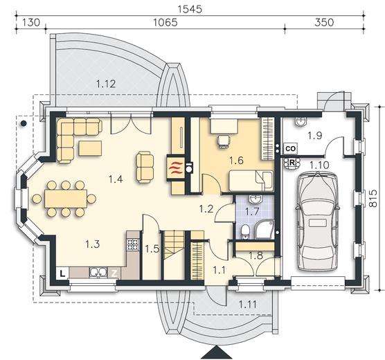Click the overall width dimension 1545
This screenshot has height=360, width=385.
[190, 9]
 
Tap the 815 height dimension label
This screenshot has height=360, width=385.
[373, 199]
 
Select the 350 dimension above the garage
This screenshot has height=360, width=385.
[324, 22]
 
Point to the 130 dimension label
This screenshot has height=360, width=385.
[31, 22]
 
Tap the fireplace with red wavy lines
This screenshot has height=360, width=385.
[176, 169]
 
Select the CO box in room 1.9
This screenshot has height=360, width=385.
[291, 149]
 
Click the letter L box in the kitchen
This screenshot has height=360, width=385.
[62, 273]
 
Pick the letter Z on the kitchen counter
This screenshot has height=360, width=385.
[114, 273]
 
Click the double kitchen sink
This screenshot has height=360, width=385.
[98, 272]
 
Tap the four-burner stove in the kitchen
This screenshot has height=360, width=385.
[133, 244]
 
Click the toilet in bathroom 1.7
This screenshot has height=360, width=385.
[245, 231]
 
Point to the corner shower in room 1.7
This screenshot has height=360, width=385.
[264, 230]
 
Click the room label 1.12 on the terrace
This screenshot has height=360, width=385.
[106, 84]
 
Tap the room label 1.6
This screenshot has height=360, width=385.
[236, 161]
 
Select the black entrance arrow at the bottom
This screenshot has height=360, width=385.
[217, 352]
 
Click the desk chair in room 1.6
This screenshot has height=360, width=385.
[224, 142]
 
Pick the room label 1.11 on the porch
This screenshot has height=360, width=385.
[248, 305]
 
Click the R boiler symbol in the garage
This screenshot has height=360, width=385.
[292, 163]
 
